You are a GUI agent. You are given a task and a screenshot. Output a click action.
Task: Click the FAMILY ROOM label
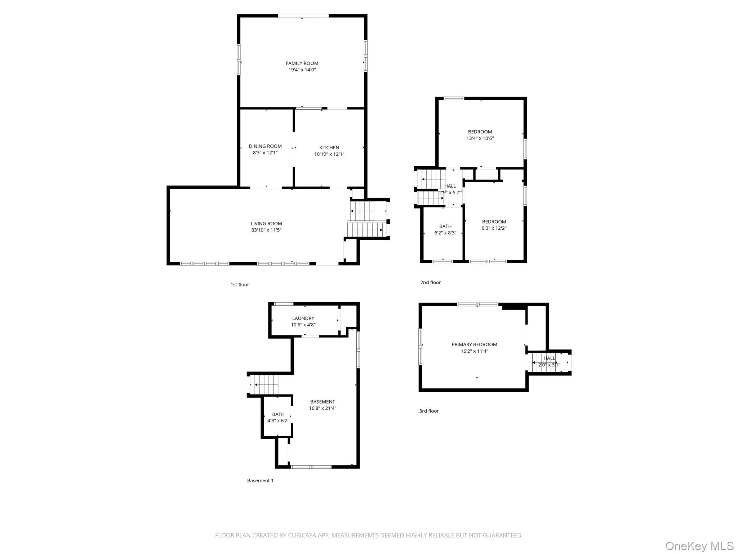pyautogui.click(x=302, y=63)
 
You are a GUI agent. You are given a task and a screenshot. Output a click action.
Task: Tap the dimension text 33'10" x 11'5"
pyautogui.click(x=266, y=230)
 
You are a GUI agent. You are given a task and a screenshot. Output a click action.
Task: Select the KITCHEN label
pyautogui.click(x=329, y=148)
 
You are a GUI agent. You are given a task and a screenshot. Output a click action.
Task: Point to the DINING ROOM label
pyautogui.click(x=265, y=146)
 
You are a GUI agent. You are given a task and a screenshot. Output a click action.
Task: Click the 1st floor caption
pyautogui.click(x=240, y=285)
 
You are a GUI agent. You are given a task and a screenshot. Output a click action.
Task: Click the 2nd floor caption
pyautogui.click(x=430, y=282)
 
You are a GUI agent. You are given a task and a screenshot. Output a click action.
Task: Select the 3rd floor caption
pyautogui.click(x=429, y=411)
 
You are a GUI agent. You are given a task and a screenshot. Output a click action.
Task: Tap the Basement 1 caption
pyautogui.click(x=260, y=480)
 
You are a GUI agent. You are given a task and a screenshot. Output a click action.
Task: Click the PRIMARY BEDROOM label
pyautogui.click(x=474, y=344)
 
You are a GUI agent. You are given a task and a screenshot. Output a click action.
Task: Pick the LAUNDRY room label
pyautogui.click(x=303, y=318)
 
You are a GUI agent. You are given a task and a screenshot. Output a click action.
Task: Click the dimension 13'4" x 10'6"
pyautogui.click(x=480, y=138)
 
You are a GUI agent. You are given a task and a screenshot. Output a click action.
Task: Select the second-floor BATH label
pyautogui.click(x=445, y=227)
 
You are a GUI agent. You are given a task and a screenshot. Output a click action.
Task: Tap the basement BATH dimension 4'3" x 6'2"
pyautogui.click(x=278, y=421)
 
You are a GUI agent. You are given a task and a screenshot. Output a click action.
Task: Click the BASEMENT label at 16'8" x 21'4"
pyautogui.click(x=323, y=402)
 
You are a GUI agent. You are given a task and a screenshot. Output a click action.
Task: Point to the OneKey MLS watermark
pyautogui.click(x=699, y=546)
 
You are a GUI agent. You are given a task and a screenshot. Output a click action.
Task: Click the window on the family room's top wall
pyautogui.click(x=303, y=16)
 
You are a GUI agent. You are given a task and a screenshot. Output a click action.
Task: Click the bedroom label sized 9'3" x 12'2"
pyautogui.click(x=494, y=222)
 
